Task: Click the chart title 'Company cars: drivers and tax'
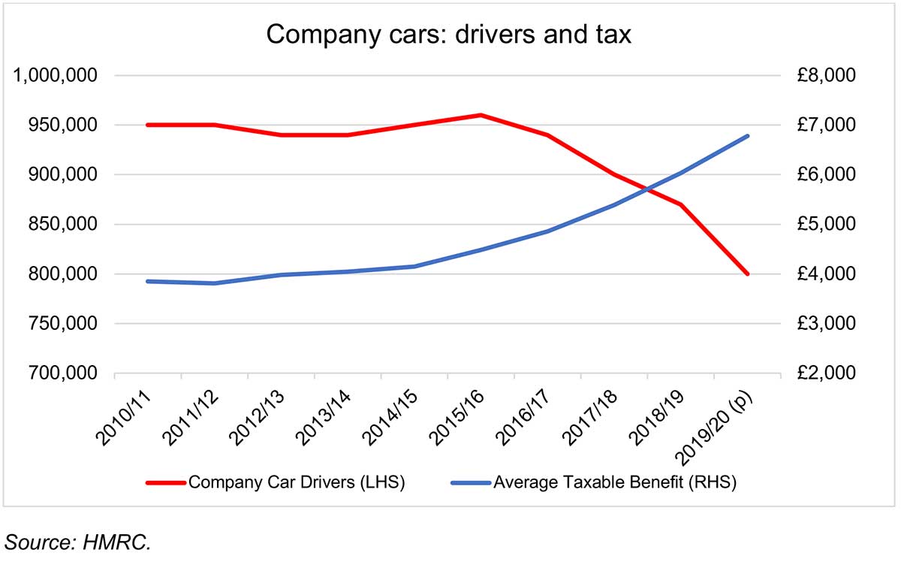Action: (448, 34)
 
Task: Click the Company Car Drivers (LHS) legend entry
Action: (297, 482)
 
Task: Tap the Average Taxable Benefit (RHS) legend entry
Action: (614, 482)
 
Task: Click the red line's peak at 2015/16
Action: (481, 115)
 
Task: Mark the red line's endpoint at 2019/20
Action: (747, 274)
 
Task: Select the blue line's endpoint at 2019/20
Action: (747, 136)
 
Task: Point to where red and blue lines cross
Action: (646, 189)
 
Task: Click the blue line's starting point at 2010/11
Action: (148, 281)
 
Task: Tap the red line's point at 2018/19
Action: (680, 204)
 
